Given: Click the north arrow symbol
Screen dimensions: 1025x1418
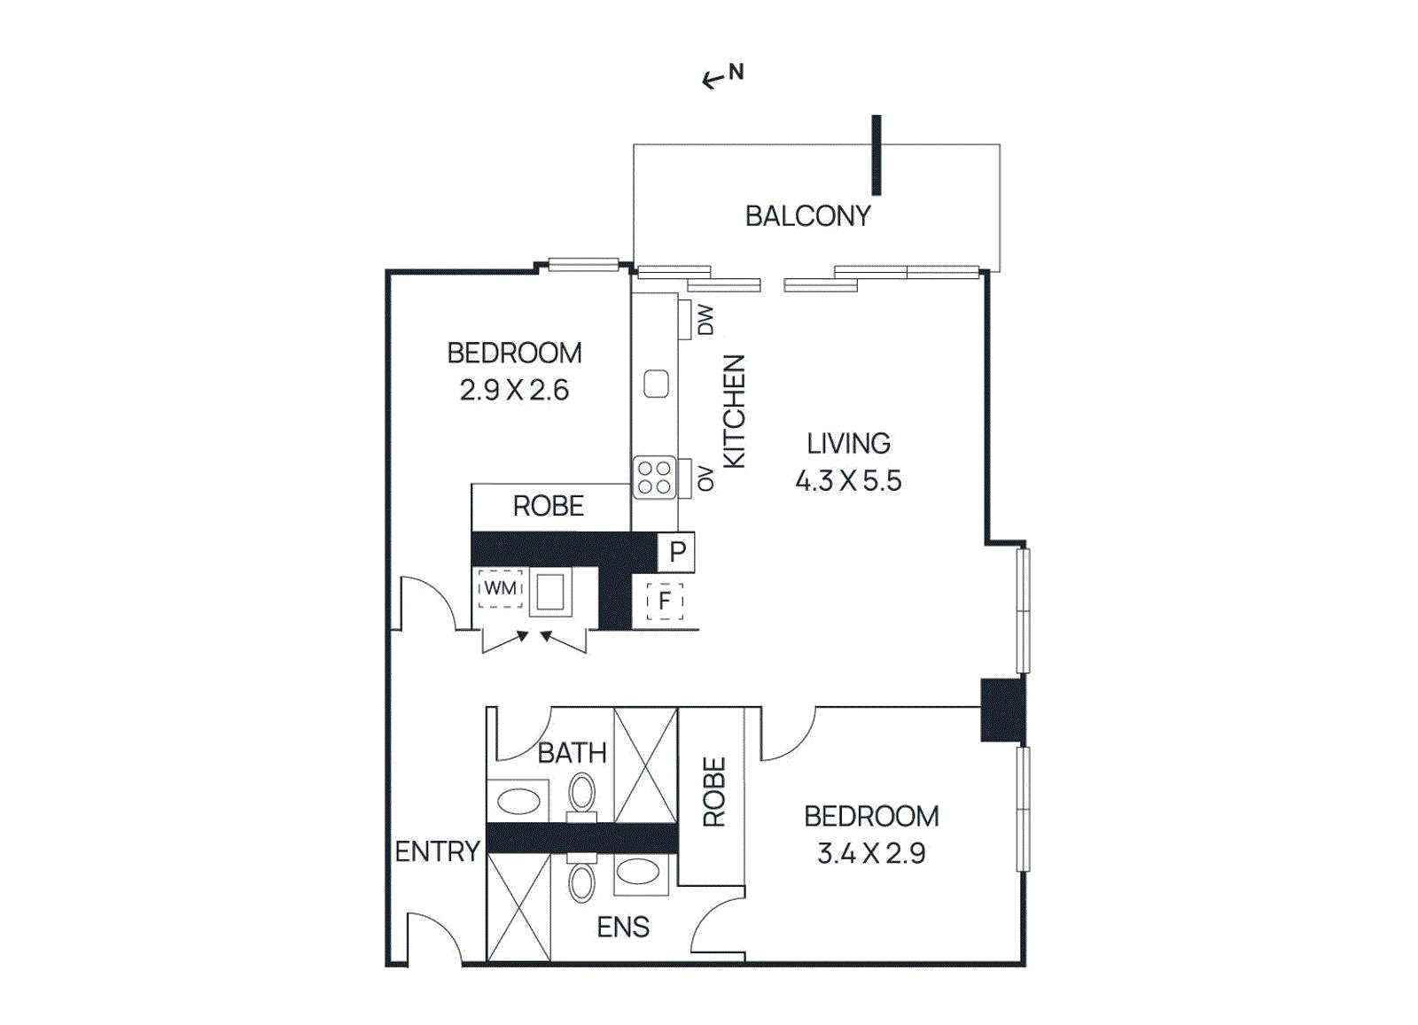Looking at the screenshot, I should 722,77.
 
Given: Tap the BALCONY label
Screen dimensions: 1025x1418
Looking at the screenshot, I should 807,216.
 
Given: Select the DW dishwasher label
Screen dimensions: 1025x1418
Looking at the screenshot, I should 705,320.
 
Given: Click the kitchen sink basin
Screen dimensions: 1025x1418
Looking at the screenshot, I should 656,384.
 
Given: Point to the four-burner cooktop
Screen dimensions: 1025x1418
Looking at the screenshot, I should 655,478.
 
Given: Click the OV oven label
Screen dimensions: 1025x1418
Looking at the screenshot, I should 705,478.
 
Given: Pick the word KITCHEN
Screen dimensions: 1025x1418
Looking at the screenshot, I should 735,411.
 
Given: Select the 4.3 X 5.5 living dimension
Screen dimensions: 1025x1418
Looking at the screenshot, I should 848,481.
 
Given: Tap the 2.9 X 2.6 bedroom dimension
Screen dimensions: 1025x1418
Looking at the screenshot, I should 514,391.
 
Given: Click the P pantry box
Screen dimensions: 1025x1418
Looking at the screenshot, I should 677,552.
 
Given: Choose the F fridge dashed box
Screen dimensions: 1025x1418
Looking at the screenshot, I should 665,602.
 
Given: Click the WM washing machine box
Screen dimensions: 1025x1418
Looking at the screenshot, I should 501,588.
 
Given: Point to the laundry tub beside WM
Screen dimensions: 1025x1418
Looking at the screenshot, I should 550,592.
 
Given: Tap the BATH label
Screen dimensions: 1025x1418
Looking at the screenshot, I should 572,753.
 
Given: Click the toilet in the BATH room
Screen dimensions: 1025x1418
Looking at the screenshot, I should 582,794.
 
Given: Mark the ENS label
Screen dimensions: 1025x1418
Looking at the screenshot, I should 623,928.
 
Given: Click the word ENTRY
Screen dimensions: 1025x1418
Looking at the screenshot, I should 437,851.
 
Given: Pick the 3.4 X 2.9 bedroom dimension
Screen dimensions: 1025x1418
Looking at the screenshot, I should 871,854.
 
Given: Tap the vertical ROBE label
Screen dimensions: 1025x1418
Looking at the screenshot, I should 713,792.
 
